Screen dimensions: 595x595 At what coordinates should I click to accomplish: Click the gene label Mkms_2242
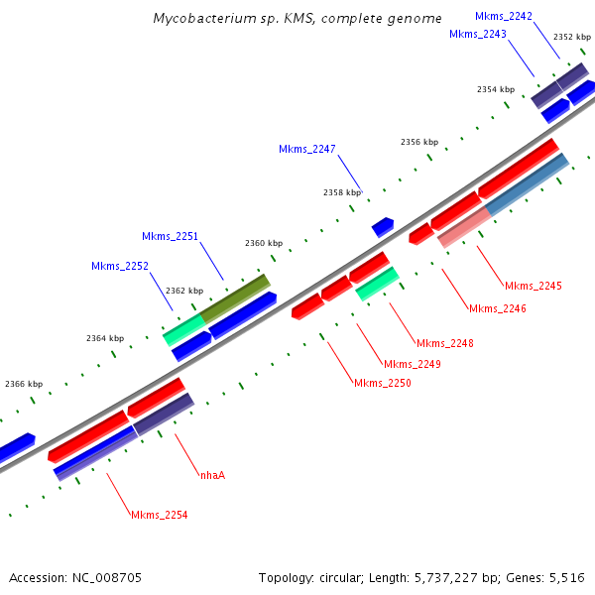pos(504,16)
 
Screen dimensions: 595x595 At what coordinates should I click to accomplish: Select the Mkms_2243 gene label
pos(478,34)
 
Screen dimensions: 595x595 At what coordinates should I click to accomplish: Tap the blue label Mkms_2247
pos(307,149)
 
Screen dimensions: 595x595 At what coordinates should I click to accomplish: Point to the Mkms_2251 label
pos(170,236)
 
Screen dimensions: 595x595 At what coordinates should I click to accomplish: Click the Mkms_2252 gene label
pos(120,266)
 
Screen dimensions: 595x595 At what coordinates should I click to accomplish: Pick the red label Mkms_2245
pos(534,286)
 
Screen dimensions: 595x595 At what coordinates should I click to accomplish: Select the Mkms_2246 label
pos(498,308)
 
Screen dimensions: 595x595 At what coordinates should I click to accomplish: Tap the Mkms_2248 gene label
pos(445,343)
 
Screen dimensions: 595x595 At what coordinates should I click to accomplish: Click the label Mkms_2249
pos(413,364)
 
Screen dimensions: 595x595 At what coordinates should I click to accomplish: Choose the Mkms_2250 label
pos(383,383)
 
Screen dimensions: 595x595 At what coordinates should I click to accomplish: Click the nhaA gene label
pos(212,475)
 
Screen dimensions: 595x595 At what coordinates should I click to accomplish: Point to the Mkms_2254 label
pos(160,515)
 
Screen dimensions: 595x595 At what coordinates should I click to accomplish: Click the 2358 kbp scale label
pos(342,192)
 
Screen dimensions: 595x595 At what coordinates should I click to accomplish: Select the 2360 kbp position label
pos(264,243)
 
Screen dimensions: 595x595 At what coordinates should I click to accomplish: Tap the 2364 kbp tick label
pos(105,338)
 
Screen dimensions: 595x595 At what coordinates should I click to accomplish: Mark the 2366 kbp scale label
pos(24,384)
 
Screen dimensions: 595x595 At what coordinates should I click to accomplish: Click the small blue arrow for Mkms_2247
pos(383,227)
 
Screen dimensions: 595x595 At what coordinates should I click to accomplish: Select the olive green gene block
pos(235,298)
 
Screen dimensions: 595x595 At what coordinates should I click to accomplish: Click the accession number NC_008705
pos(107,578)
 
